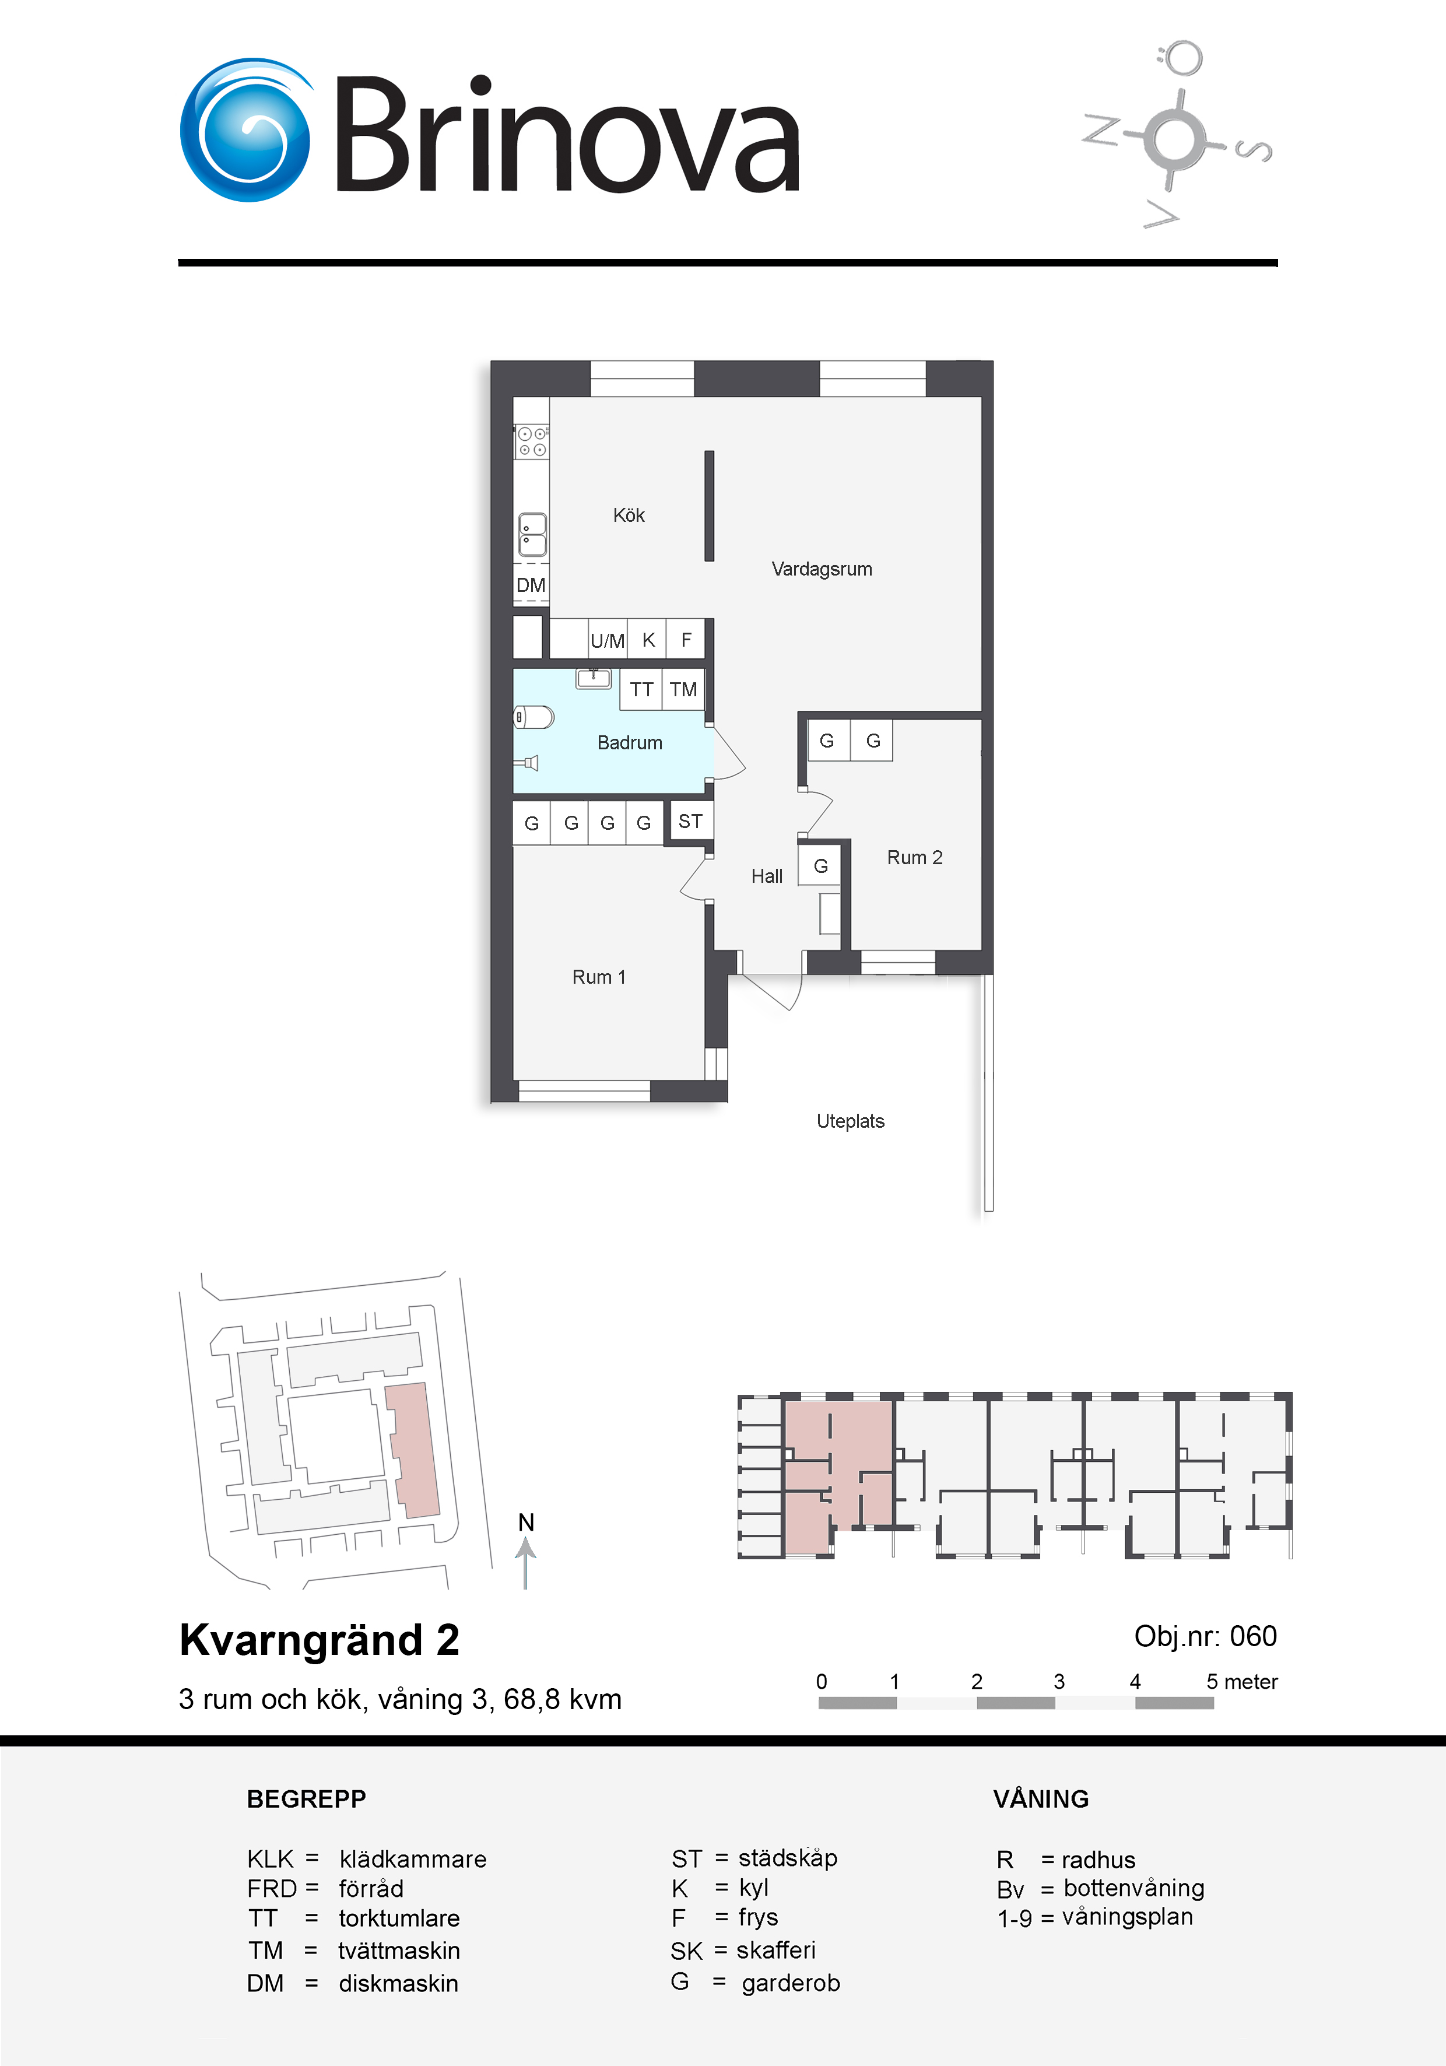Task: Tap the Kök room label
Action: point(629,515)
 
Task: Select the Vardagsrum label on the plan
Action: point(822,569)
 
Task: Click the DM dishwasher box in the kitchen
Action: point(531,585)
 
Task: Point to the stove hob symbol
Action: point(531,441)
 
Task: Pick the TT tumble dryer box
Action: point(641,689)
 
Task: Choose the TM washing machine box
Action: point(683,689)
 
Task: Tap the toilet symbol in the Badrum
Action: point(533,717)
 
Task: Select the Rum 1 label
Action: point(598,977)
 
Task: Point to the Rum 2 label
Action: point(914,858)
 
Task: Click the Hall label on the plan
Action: point(767,876)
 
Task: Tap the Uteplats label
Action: point(850,1121)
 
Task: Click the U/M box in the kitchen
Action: point(608,640)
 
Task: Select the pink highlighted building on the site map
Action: point(413,1450)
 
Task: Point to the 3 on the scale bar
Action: point(1059,1681)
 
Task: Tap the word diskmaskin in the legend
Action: point(399,1983)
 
